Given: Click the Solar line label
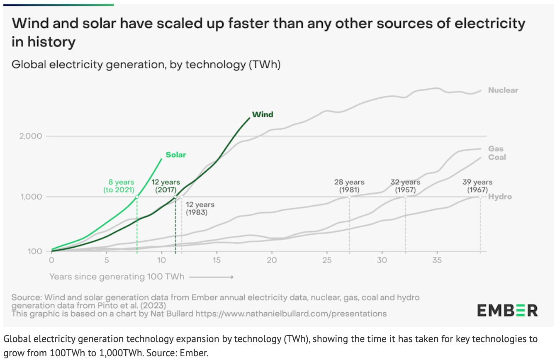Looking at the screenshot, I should (176, 155).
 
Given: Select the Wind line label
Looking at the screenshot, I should (263, 114).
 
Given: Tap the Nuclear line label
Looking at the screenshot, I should (503, 90).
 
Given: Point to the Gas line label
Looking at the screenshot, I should (496, 148).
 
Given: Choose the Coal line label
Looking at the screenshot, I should (497, 157).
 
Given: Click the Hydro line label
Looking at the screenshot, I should (500, 197).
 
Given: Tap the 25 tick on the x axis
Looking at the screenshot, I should (327, 260).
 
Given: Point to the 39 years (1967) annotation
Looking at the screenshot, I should (477, 186).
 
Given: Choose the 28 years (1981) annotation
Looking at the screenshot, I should (349, 186).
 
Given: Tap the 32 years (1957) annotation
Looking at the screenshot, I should (405, 186).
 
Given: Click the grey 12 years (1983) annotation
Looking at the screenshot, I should (200, 209).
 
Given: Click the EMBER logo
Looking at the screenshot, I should (507, 310).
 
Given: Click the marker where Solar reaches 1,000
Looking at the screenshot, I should (137, 197).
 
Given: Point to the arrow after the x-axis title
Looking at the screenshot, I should (212, 276).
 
